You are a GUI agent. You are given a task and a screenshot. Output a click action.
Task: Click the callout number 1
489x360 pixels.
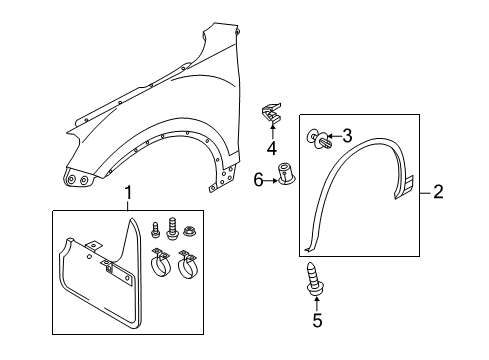tap(128, 194)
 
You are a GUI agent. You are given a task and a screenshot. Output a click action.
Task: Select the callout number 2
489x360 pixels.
tap(438, 192)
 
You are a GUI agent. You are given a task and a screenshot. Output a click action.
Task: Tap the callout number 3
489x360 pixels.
tap(347, 136)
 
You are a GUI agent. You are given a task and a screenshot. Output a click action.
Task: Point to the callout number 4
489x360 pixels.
tap(272, 148)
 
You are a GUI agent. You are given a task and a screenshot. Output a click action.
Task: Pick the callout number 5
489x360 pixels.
tap(317, 320)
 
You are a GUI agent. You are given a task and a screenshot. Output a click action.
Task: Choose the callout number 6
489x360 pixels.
tap(258, 180)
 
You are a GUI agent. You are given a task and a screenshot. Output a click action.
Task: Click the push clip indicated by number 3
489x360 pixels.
tap(319, 140)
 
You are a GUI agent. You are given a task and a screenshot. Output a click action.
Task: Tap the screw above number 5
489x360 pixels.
tap(315, 279)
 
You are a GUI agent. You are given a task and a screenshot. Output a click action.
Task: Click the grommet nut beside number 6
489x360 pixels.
tap(286, 173)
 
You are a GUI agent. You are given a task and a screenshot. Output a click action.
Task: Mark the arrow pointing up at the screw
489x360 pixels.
tap(316, 304)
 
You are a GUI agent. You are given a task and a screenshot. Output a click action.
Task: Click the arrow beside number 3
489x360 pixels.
tap(334, 136)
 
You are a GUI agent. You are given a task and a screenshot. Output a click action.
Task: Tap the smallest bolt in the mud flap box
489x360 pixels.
tap(155, 230)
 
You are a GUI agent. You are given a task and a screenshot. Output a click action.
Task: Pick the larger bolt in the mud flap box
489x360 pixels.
tap(172, 229)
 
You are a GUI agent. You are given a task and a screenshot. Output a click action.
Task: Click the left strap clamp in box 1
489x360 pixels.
tap(161, 263)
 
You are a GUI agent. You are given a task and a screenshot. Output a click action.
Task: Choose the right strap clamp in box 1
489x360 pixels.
tap(188, 264)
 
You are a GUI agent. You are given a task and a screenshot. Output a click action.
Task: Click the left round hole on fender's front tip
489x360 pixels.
tap(71, 180)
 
